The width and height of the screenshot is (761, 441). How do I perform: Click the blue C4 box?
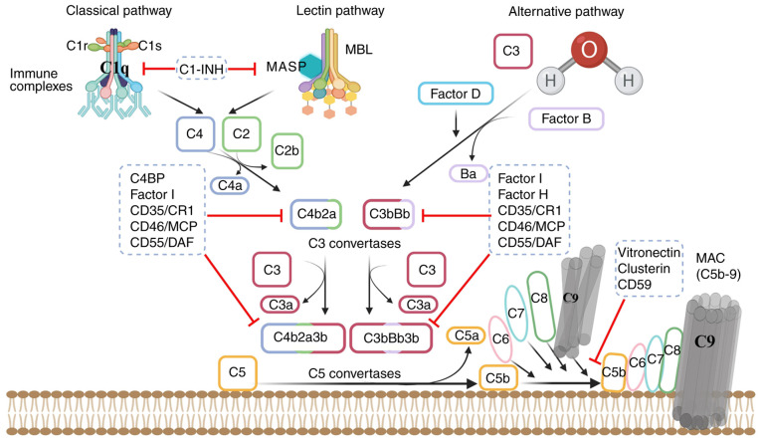tap(194, 134)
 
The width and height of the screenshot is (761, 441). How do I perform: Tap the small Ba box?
tap(465, 174)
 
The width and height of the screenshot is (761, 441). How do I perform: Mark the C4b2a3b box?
tap(300, 338)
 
